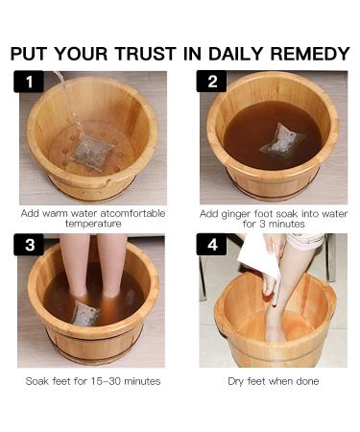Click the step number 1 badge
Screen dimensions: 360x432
pyautogui.click(x=29, y=82)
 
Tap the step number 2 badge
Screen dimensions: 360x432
pyautogui.click(x=211, y=82)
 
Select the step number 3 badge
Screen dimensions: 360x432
pyautogui.click(x=29, y=245)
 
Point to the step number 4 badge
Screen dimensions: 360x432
pyautogui.click(x=211, y=245)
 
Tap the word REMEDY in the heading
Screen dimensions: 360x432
pyautogui.click(x=310, y=54)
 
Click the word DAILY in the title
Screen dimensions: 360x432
pyautogui.click(x=236, y=54)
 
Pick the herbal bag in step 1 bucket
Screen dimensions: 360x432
pyautogui.click(x=92, y=154)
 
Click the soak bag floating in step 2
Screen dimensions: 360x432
pyautogui.click(x=281, y=140)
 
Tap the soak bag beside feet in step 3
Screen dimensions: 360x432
pyautogui.click(x=84, y=313)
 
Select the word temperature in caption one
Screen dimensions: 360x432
pyautogui.click(x=93, y=224)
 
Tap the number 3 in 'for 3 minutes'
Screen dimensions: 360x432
pyautogui.click(x=262, y=224)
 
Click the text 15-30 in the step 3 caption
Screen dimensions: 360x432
pyautogui.click(x=106, y=381)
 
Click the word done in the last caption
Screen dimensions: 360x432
pyautogui.click(x=307, y=381)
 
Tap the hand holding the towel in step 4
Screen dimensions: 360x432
pyautogui.click(x=270, y=286)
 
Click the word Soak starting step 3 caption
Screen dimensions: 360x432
pyautogui.click(x=37, y=381)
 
